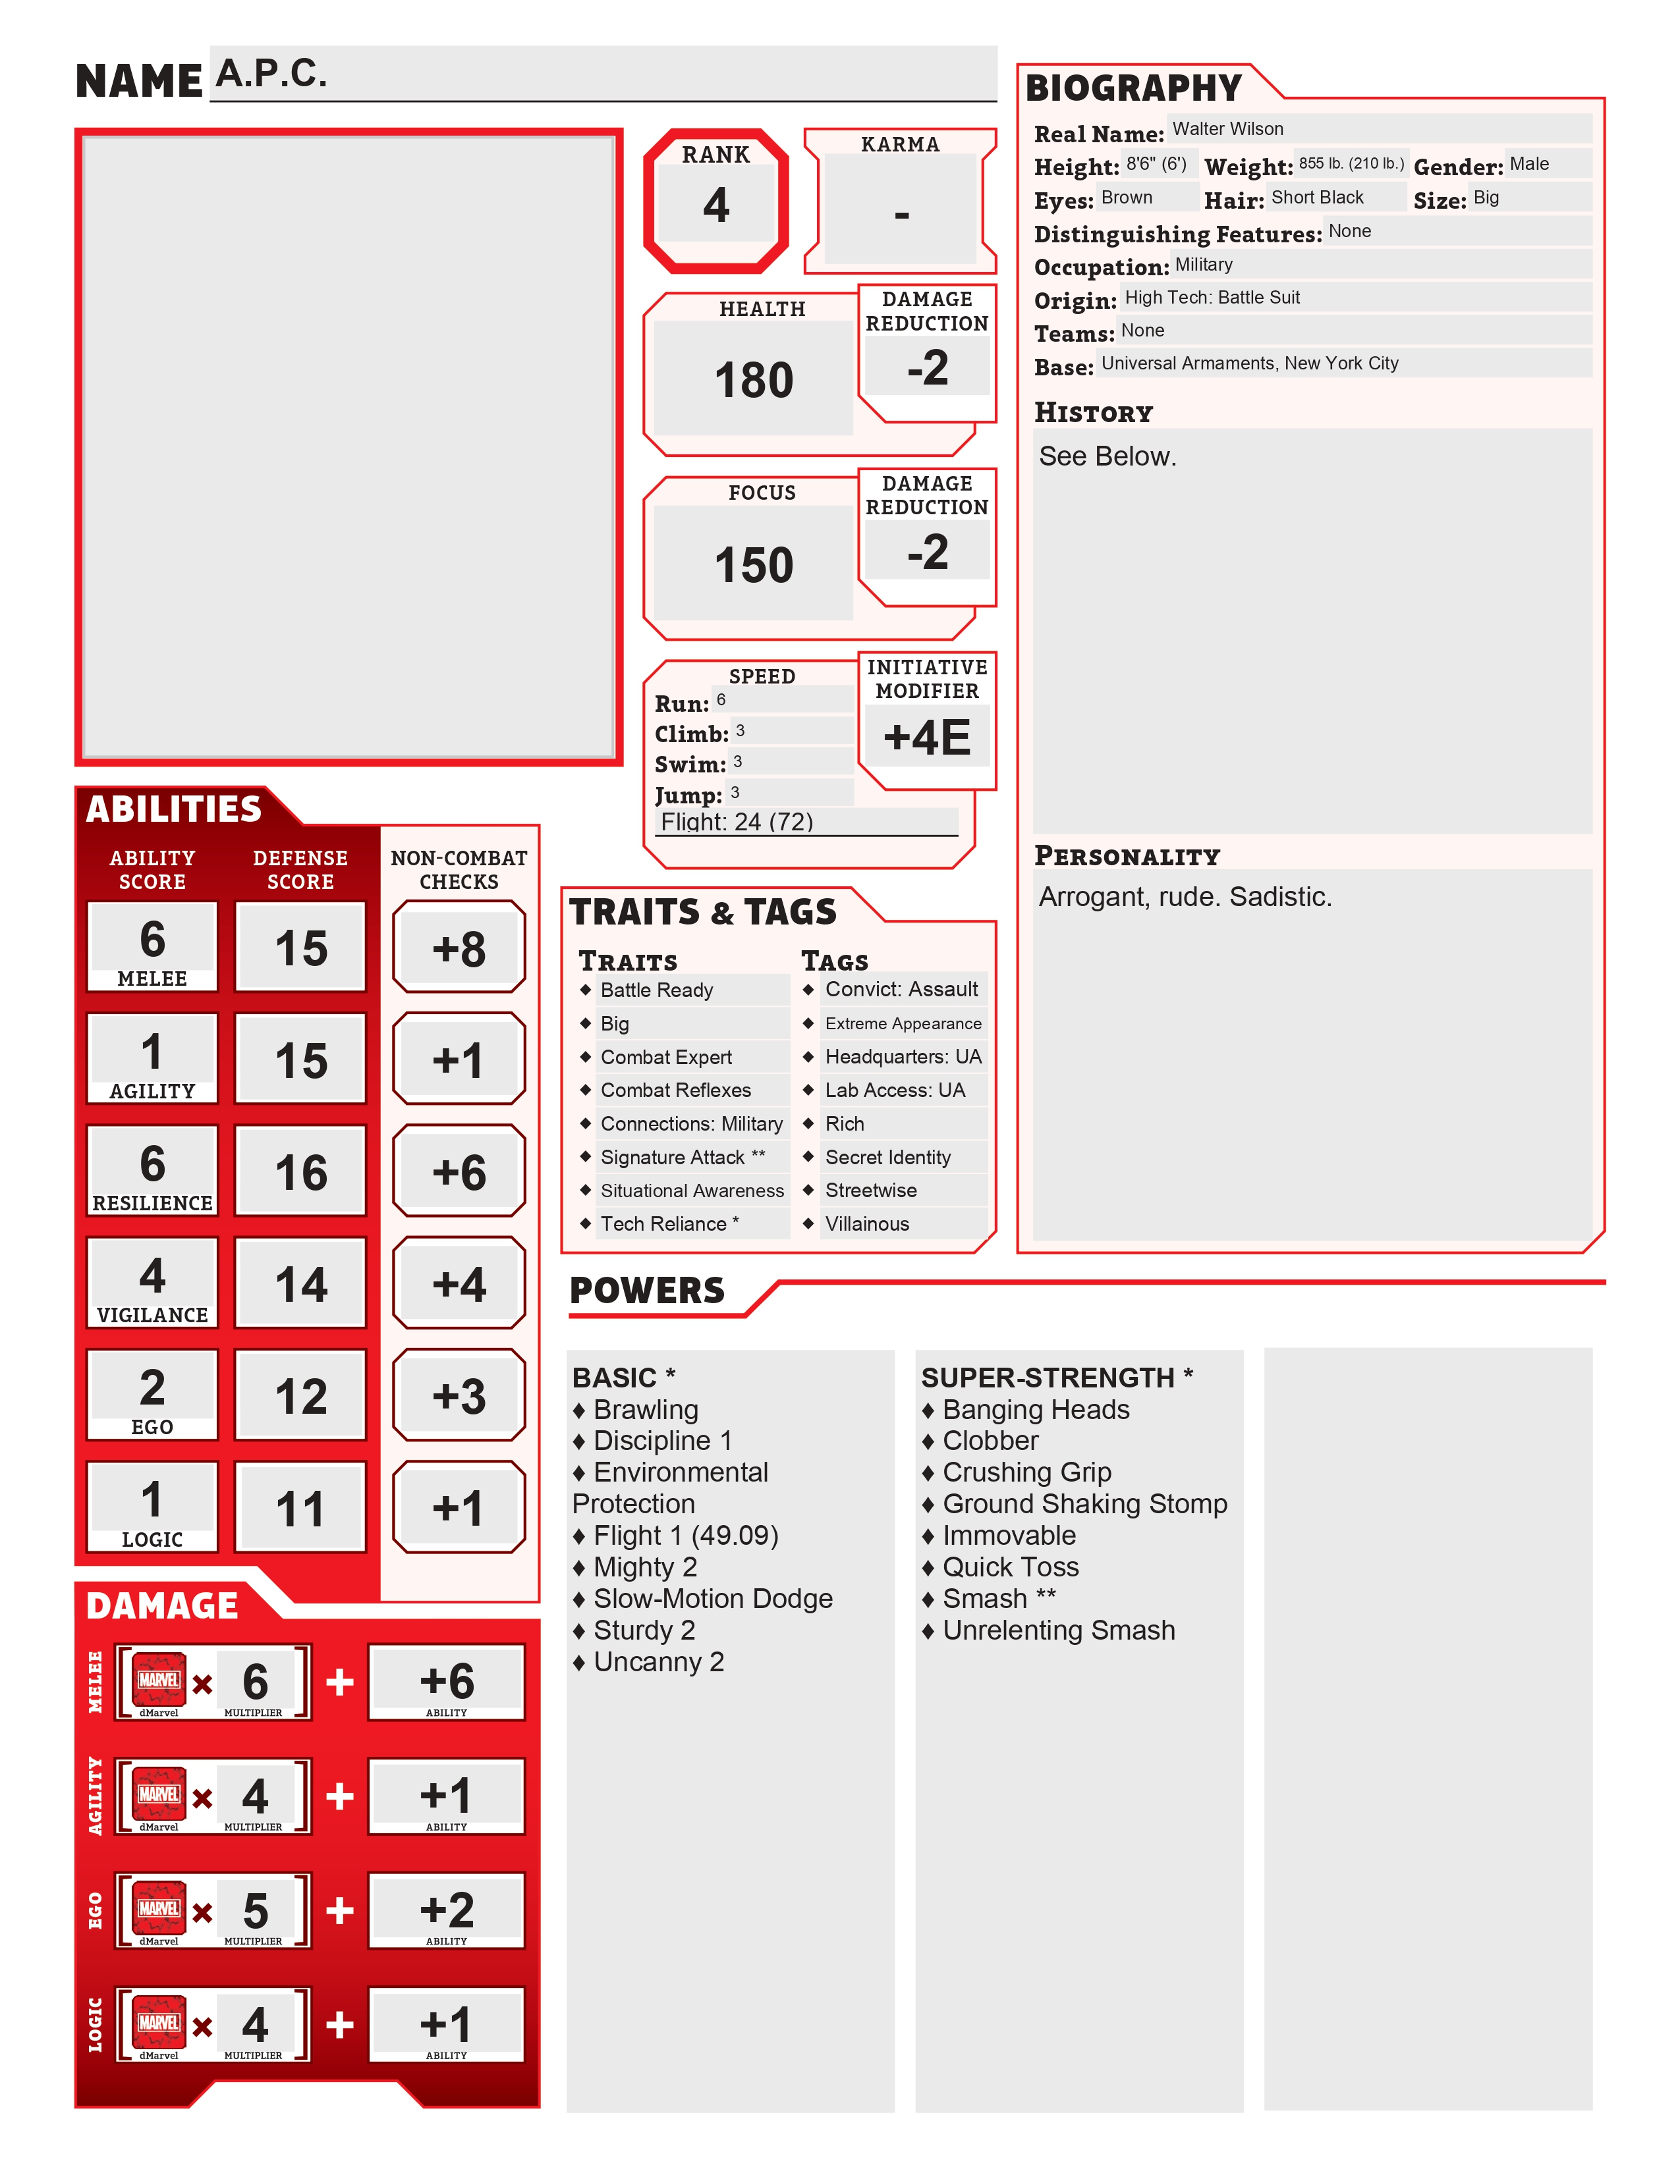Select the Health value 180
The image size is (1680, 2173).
[x=754, y=380]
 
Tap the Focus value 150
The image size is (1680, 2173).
[x=754, y=565]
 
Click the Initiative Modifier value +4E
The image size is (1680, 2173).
[x=926, y=738]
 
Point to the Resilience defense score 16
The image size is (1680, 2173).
[x=300, y=1172]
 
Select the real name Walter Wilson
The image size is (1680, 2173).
[x=1227, y=129]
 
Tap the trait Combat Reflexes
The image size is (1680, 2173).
[x=676, y=1090]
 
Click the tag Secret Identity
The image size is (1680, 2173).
[x=888, y=1157]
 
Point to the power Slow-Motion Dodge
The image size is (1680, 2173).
[x=713, y=1599]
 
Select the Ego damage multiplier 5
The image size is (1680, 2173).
[x=255, y=1910]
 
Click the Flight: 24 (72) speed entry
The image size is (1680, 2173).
[x=737, y=822]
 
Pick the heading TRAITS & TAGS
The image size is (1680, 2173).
[x=703, y=911]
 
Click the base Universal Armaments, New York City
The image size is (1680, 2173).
[x=1249, y=363]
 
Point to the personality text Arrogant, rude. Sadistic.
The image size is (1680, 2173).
[x=1185, y=896]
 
